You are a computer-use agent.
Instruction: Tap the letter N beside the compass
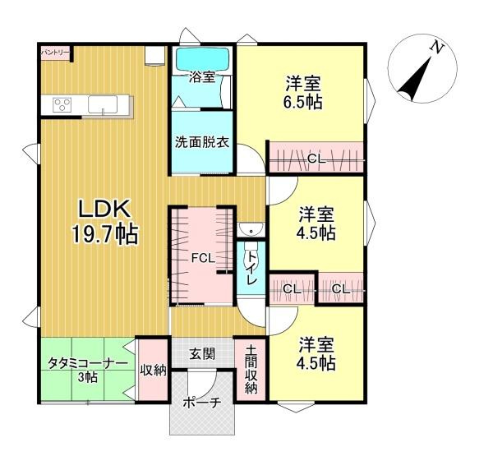(438, 48)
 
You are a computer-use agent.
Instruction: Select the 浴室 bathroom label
(202, 79)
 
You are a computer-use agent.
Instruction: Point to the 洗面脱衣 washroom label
(202, 140)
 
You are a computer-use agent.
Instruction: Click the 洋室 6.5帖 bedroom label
(303, 92)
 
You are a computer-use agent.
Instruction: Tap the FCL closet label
(202, 258)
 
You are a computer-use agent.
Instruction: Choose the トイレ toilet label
(251, 269)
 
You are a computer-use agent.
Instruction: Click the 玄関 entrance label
(202, 355)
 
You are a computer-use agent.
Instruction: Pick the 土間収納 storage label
(251, 369)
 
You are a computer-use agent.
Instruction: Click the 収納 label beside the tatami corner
(154, 370)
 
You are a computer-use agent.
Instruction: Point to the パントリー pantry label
(55, 52)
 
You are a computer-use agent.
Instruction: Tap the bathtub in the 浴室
(202, 59)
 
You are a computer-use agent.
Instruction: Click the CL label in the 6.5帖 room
(316, 159)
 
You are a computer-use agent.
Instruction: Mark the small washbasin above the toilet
(249, 230)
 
